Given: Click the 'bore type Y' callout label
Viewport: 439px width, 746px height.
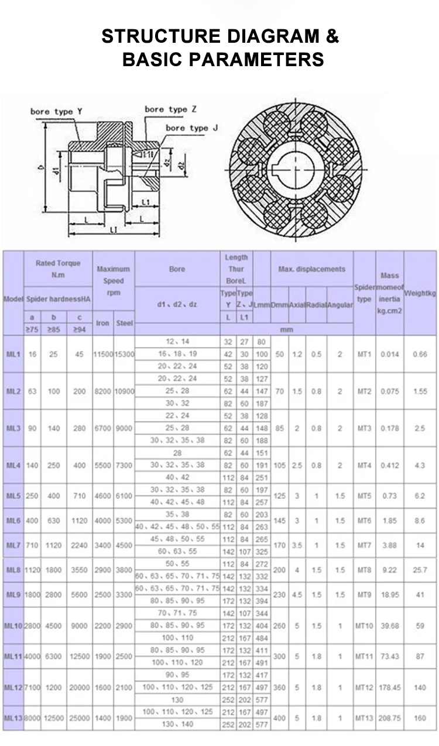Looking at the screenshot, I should click(52, 112).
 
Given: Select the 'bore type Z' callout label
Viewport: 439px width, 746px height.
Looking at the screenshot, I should click(170, 109).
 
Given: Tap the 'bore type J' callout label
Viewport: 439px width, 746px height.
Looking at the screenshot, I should click(191, 128).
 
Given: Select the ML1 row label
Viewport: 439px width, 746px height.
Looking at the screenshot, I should click(13, 354).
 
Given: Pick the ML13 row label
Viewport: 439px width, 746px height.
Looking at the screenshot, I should click(13, 718).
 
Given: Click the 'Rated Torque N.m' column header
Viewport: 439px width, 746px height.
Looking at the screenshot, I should click(58, 269).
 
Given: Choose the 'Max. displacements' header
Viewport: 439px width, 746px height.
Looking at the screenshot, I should click(311, 269).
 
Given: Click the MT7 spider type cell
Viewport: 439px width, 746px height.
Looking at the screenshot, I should click(364, 545).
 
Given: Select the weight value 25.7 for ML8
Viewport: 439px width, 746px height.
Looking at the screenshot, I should click(420, 570).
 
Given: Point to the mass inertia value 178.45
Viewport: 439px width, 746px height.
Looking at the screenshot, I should click(390, 687).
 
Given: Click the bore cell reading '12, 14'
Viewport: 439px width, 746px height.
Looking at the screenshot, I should click(177, 341).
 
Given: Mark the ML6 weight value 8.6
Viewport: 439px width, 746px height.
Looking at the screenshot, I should click(420, 521).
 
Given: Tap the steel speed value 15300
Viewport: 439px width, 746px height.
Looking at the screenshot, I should click(124, 354).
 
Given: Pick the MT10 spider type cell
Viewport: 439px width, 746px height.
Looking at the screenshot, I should click(364, 625).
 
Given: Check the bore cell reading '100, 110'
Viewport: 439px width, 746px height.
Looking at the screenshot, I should click(177, 638).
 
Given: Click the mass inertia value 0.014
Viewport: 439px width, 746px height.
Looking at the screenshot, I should click(390, 354).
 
